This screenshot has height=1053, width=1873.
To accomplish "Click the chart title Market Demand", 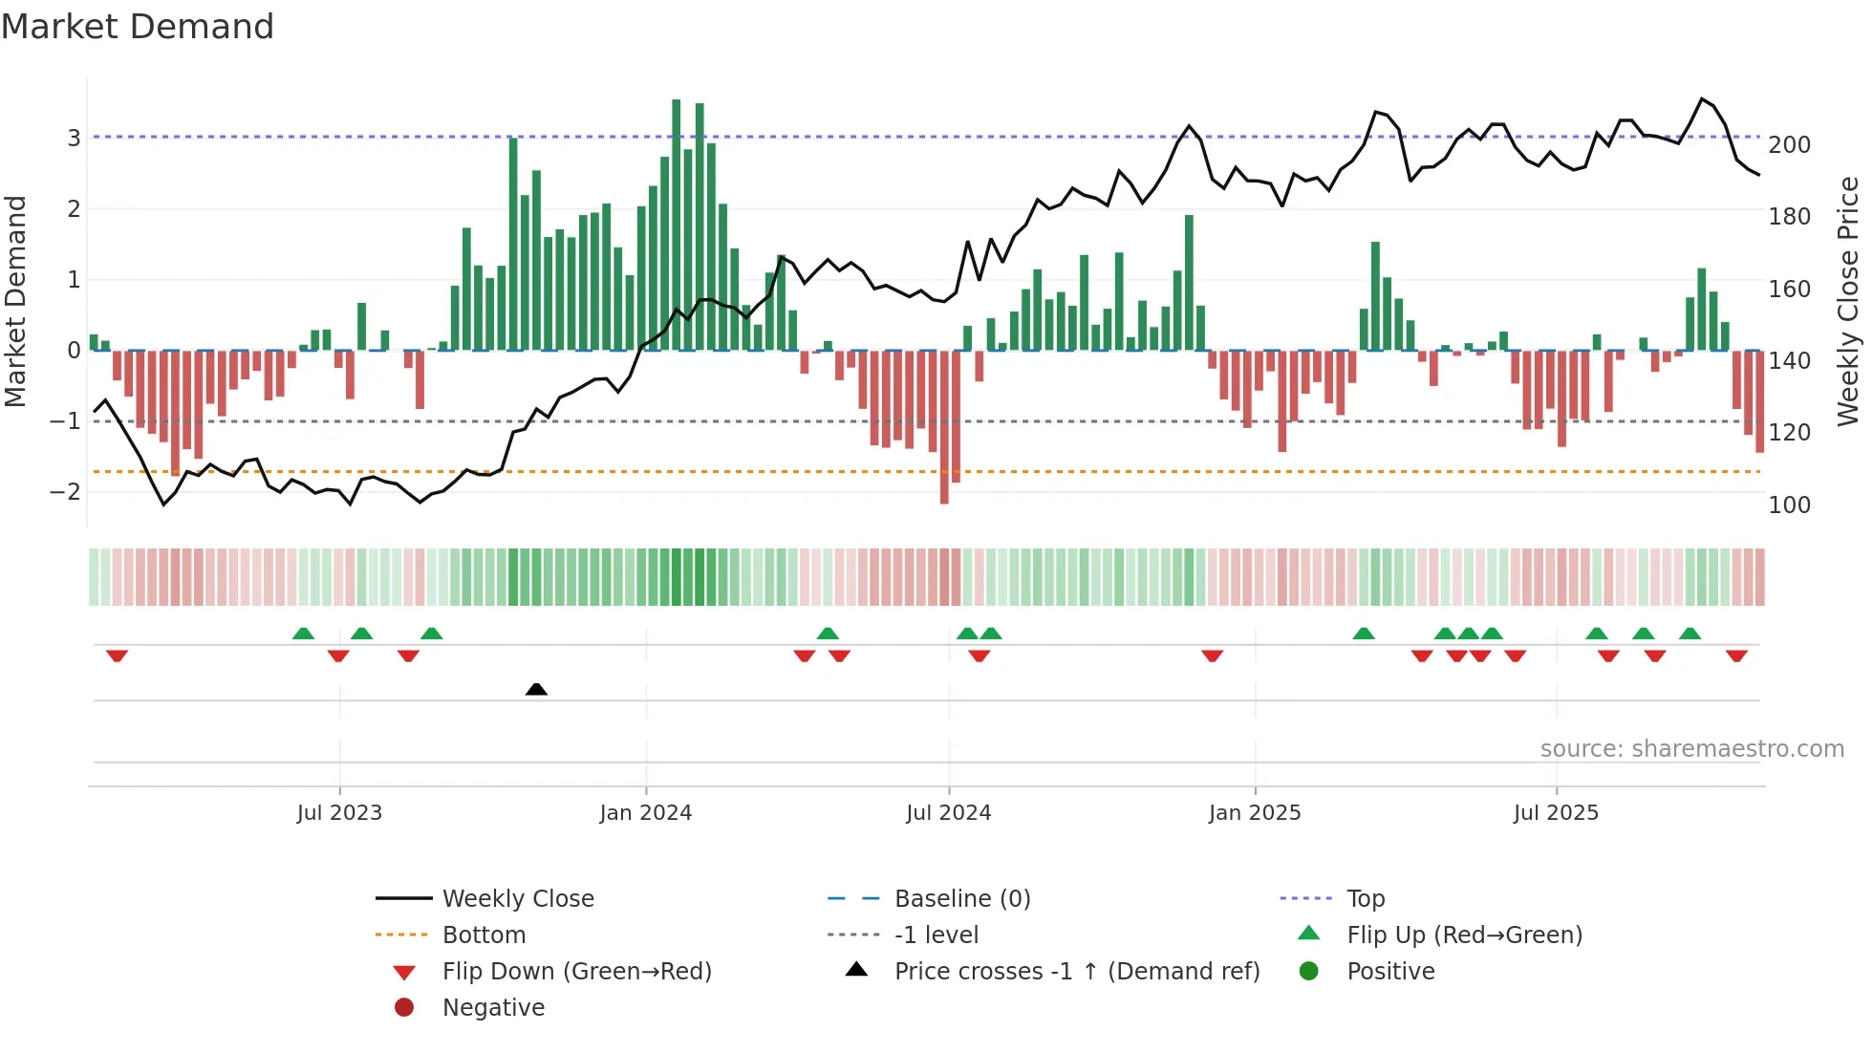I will (x=138, y=27).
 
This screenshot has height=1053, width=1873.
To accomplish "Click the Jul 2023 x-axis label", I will (x=339, y=813).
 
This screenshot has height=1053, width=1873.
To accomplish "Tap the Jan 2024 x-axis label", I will (x=645, y=813).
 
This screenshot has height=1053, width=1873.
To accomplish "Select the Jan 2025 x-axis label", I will (x=1254, y=813).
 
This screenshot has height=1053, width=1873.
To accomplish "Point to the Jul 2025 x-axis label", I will (x=1556, y=813).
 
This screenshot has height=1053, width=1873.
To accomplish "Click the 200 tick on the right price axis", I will (x=1789, y=145).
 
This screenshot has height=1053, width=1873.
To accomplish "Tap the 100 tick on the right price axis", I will (x=1789, y=505).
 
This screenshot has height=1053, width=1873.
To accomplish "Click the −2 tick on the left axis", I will (x=67, y=492).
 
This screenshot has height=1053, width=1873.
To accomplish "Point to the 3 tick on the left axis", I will (x=74, y=138).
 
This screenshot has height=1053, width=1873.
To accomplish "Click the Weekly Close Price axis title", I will (x=1848, y=301).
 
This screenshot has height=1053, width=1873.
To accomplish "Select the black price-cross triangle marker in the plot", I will (x=536, y=689).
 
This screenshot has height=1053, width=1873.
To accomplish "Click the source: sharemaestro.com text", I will (x=1691, y=749).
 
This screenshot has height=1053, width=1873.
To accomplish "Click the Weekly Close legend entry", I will (x=517, y=899).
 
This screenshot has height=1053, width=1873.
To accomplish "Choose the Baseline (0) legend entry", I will (x=961, y=899).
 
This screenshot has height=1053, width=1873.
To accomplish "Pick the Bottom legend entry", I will (x=484, y=935).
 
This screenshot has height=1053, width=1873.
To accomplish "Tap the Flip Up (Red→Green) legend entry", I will (x=1464, y=935).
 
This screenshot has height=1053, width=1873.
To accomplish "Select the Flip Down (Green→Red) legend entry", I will (x=576, y=972).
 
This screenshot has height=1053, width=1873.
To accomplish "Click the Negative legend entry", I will (x=493, y=1008).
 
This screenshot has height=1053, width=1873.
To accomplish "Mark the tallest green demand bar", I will (x=677, y=225).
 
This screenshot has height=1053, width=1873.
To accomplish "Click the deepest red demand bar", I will (x=944, y=427).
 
